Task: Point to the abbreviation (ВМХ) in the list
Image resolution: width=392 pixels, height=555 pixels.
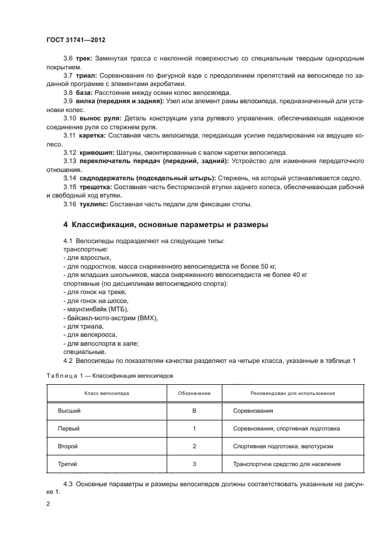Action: click(146, 318)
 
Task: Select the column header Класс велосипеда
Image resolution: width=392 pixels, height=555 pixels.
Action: click(105, 393)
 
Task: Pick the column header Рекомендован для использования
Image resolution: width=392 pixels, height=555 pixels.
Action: click(284, 393)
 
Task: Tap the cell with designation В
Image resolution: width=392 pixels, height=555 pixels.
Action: click(194, 410)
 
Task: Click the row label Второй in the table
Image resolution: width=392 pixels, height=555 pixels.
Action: click(68, 445)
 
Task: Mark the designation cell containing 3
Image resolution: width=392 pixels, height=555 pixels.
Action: click(194, 464)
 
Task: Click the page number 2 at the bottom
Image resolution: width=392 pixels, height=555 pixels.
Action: click(48, 503)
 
